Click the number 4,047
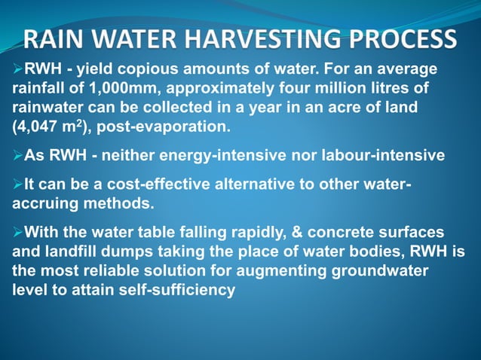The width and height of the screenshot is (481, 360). [36, 125]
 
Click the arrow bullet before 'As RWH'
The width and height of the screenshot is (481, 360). [18, 157]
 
